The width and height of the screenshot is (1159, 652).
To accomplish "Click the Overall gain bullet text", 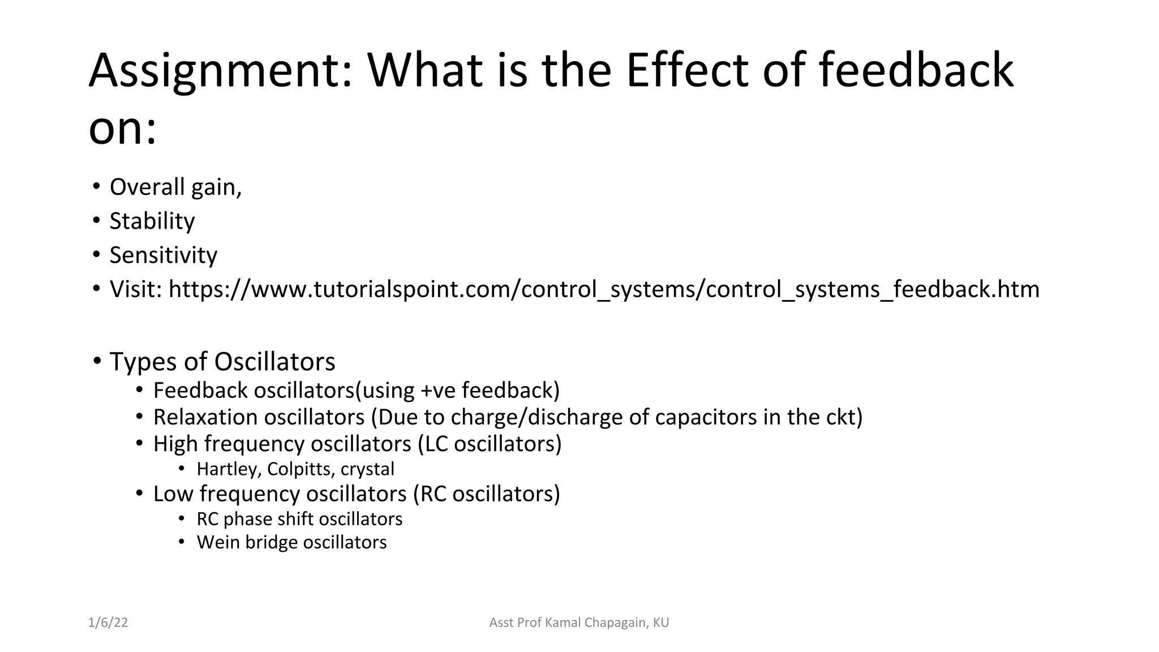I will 175,187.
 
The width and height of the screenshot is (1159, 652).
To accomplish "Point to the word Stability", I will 152,221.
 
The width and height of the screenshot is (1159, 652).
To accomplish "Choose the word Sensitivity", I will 163,255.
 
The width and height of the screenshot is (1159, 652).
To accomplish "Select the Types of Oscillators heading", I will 222,362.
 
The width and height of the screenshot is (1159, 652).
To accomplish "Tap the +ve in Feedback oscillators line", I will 438,391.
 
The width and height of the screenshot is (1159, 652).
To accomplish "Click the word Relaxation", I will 205,417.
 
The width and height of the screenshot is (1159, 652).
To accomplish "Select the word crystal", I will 367,469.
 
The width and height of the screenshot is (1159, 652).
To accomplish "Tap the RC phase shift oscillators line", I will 299,519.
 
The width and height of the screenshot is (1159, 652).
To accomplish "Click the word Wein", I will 218,542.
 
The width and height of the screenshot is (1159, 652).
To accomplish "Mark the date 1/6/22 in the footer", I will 108,623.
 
